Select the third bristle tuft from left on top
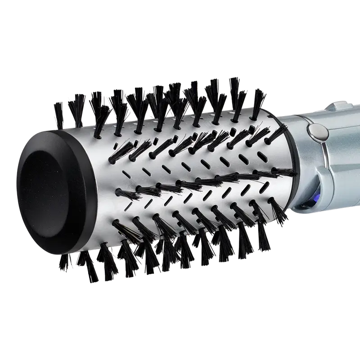pyautogui.click(x=96, y=101)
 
